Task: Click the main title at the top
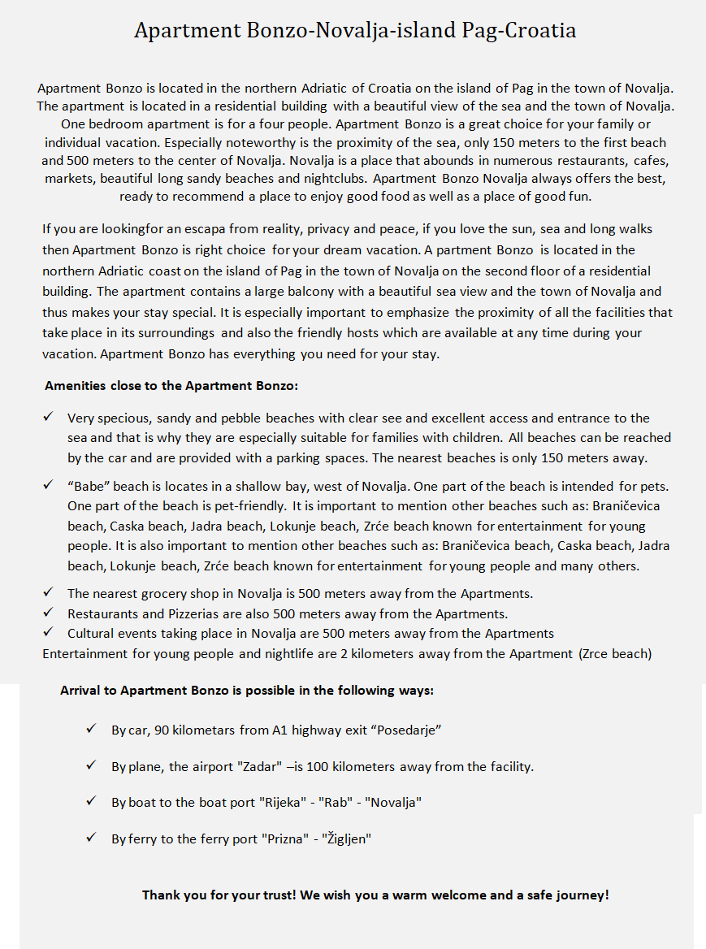tap(355, 31)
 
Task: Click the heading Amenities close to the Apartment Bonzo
tap(177, 385)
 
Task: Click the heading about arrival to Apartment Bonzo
tap(247, 691)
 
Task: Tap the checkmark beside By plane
tap(92, 765)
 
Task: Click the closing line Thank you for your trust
tap(375, 895)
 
